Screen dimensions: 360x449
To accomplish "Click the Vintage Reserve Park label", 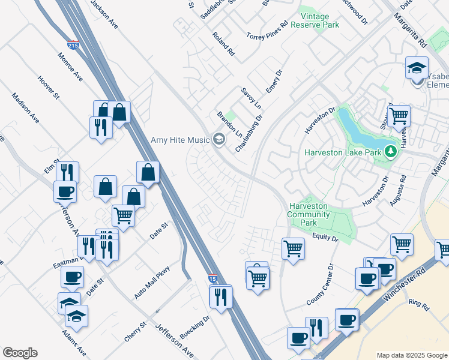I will click(315, 20).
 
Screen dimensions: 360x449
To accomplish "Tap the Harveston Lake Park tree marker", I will click(391, 151).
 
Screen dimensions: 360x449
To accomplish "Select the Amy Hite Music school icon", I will click(218, 140).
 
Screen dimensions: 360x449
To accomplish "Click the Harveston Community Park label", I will click(309, 214).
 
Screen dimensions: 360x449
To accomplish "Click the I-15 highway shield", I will click(212, 278).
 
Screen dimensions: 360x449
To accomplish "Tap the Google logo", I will click(20, 353).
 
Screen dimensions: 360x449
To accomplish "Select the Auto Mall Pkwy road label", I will click(152, 282).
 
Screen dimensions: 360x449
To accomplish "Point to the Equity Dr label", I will click(325, 238).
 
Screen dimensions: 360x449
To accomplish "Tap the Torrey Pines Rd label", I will click(267, 32).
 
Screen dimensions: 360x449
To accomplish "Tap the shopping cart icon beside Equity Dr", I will click(293, 247).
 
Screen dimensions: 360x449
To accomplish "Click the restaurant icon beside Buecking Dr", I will click(221, 296).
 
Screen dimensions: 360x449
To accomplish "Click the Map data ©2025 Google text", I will click(411, 355).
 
